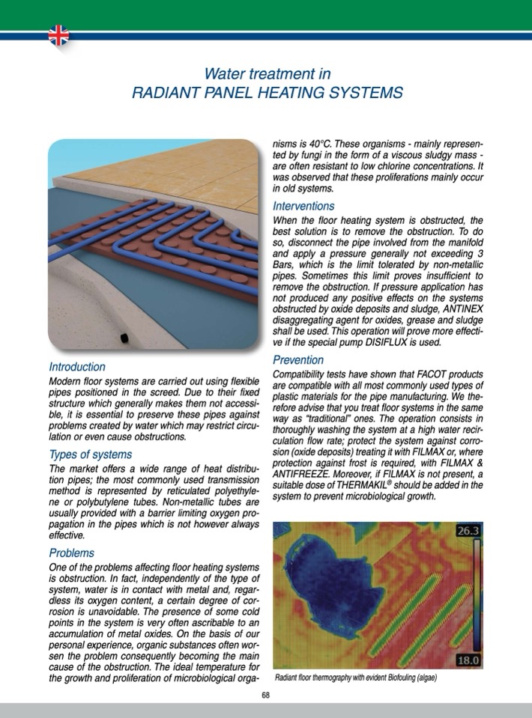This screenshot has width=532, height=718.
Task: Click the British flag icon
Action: point(58,34)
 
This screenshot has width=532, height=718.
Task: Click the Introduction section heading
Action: point(76,368)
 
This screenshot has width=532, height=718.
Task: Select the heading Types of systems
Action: point(90,454)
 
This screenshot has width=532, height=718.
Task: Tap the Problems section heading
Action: point(72,553)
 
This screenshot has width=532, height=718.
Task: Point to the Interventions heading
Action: point(303,206)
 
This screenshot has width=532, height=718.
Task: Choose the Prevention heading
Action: point(297,360)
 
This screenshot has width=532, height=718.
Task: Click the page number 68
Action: point(266,696)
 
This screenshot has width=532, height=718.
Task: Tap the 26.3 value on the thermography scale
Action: point(469,532)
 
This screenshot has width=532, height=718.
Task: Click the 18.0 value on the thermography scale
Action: point(469,660)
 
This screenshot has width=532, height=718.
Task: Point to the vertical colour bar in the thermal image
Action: point(474,596)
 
